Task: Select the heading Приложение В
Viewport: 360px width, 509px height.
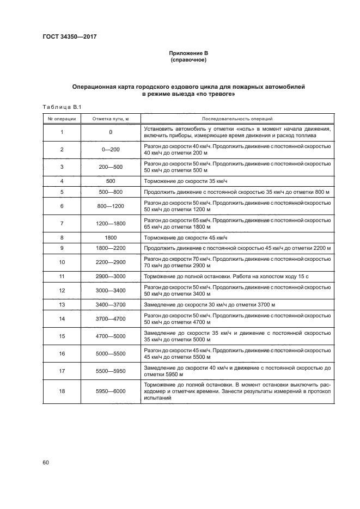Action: click(x=188, y=53)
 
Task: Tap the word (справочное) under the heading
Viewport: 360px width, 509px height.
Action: click(x=188, y=59)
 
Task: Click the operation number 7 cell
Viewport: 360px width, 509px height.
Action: click(x=62, y=223)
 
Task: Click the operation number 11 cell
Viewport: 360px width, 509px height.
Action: click(x=62, y=277)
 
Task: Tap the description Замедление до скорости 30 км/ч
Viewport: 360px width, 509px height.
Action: click(x=210, y=305)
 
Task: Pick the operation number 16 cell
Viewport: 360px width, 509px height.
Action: click(x=62, y=354)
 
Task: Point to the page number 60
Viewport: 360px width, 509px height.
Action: click(x=46, y=463)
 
